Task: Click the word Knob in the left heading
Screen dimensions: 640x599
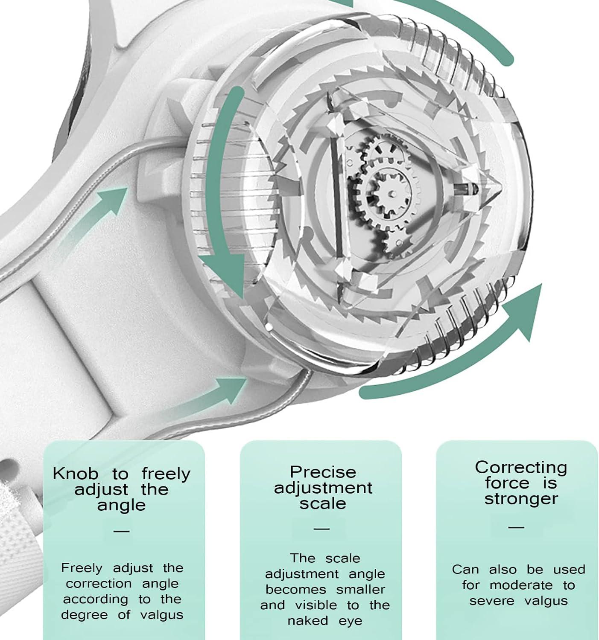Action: (76, 474)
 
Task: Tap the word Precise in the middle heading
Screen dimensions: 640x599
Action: (323, 472)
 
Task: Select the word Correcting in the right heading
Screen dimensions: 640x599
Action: (521, 467)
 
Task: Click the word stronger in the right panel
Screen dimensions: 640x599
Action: (521, 499)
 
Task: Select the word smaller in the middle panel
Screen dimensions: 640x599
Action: (360, 590)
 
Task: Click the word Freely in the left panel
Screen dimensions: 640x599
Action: (82, 568)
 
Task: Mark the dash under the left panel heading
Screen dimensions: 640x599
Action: (122, 531)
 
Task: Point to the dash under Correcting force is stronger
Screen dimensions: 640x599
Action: (516, 527)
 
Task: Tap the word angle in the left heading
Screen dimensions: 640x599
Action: (121, 505)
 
